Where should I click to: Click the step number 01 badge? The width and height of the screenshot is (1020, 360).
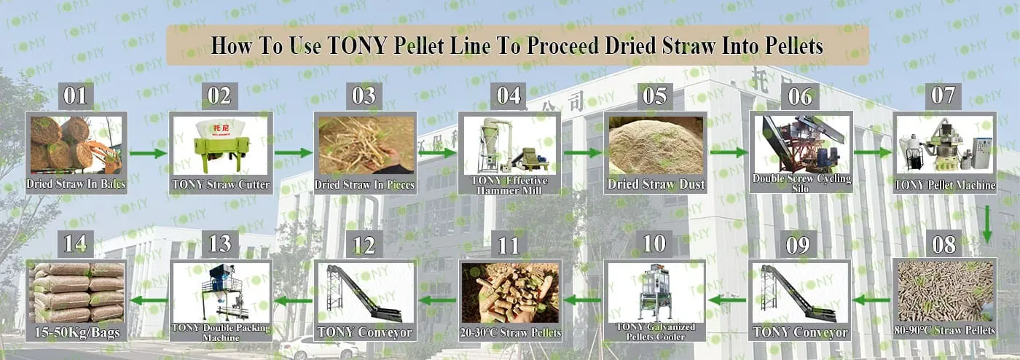pyautogui.click(x=76, y=96)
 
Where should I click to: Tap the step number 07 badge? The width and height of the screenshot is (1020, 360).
pyautogui.click(x=943, y=96)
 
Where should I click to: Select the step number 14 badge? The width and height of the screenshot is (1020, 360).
pyautogui.click(x=76, y=244)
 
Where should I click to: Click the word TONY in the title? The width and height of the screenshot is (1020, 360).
pyautogui.click(x=358, y=46)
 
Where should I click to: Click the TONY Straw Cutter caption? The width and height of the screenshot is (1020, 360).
pyautogui.click(x=221, y=184)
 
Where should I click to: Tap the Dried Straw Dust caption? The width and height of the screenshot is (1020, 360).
pyautogui.click(x=656, y=184)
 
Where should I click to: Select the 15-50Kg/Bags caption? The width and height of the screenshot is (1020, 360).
pyautogui.click(x=77, y=332)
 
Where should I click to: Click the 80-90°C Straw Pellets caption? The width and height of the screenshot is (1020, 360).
pyautogui.click(x=944, y=330)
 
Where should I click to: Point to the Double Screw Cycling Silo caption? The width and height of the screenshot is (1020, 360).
pyautogui.click(x=801, y=183)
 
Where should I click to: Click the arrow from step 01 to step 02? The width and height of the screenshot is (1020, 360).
pyautogui.click(x=149, y=153)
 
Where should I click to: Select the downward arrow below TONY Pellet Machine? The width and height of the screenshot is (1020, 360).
pyautogui.click(x=986, y=224)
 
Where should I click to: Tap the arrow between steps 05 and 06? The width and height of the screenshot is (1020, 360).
pyautogui.click(x=729, y=152)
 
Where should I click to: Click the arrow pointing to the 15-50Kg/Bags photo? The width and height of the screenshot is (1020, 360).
pyautogui.click(x=149, y=300)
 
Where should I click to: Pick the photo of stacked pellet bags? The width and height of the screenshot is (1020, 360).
pyautogui.click(x=76, y=292)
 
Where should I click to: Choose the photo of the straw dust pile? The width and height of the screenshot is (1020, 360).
pyautogui.click(x=656, y=145)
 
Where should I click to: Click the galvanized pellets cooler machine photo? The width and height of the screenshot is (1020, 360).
pyautogui.click(x=656, y=292)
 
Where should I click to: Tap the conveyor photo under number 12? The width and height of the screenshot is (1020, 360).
pyautogui.click(x=365, y=293)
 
